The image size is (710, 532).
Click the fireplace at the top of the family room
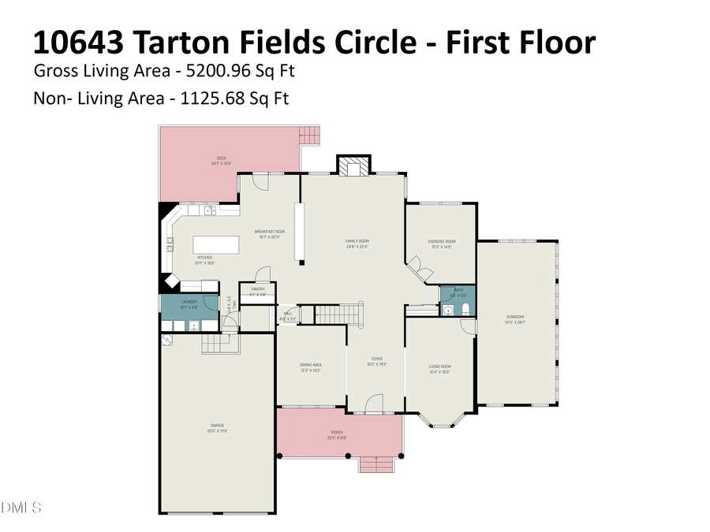click(x=353, y=166)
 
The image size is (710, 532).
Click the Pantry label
click(x=257, y=289)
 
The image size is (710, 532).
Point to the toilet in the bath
click(x=465, y=308)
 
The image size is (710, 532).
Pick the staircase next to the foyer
click(x=338, y=313)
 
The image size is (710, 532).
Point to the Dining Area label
click(x=310, y=366)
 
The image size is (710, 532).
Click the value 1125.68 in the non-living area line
click(x=212, y=99)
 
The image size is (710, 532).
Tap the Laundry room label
click(x=189, y=302)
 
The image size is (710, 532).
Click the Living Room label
click(x=439, y=366)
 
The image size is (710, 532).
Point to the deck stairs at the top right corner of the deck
click(x=311, y=135)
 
